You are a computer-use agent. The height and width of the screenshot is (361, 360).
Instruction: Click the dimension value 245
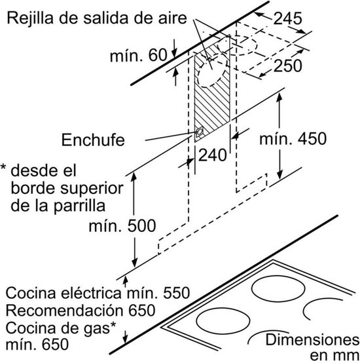click(x=287, y=18)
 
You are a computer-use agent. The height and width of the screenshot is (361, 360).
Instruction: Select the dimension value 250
click(x=287, y=66)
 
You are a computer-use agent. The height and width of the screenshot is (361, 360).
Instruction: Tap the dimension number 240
click(x=212, y=155)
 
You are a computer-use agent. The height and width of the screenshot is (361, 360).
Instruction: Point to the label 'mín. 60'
click(x=139, y=55)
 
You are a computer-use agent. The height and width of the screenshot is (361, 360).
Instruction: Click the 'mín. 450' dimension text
click(x=293, y=139)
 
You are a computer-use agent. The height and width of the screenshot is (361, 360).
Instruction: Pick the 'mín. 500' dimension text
click(x=122, y=225)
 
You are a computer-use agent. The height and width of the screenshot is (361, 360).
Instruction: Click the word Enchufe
click(x=93, y=140)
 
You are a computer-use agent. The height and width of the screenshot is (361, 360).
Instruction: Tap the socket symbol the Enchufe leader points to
click(x=199, y=132)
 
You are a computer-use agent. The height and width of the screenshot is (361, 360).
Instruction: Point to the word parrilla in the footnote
click(x=79, y=206)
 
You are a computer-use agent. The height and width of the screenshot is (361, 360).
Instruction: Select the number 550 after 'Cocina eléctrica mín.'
click(x=177, y=293)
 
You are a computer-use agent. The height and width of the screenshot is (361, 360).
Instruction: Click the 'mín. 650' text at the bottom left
click(x=37, y=345)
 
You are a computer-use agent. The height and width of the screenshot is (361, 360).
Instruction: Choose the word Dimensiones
click(x=312, y=340)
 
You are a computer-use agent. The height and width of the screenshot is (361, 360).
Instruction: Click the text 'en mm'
click(x=334, y=355)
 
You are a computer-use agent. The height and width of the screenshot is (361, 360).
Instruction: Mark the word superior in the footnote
click(x=92, y=188)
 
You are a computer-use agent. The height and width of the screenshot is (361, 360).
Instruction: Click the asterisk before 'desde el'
click(x=3, y=166)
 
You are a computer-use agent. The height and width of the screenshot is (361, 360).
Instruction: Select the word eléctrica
click(x=90, y=293)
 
